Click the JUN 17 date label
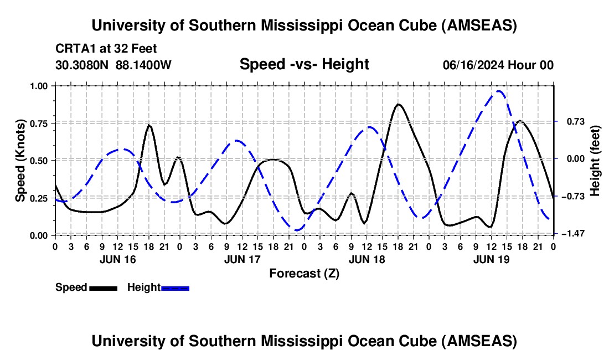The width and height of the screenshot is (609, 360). pos(242,259)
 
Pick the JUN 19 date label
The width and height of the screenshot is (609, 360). pos(491,259)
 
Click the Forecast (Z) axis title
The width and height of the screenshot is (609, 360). pos(304,273)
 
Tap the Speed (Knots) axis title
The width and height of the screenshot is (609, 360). pos(20,161)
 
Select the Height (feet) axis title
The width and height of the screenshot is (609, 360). pos(596,161)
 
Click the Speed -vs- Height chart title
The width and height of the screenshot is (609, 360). pos(304,65)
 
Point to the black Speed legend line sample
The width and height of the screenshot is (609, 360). pos(103,288)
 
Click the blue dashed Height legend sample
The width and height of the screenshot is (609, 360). pos(175,288)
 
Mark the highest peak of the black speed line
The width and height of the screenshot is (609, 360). pos(398,104)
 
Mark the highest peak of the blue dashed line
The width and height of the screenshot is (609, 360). pos(500,91)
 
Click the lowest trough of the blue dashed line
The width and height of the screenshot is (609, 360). pos(297,230)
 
